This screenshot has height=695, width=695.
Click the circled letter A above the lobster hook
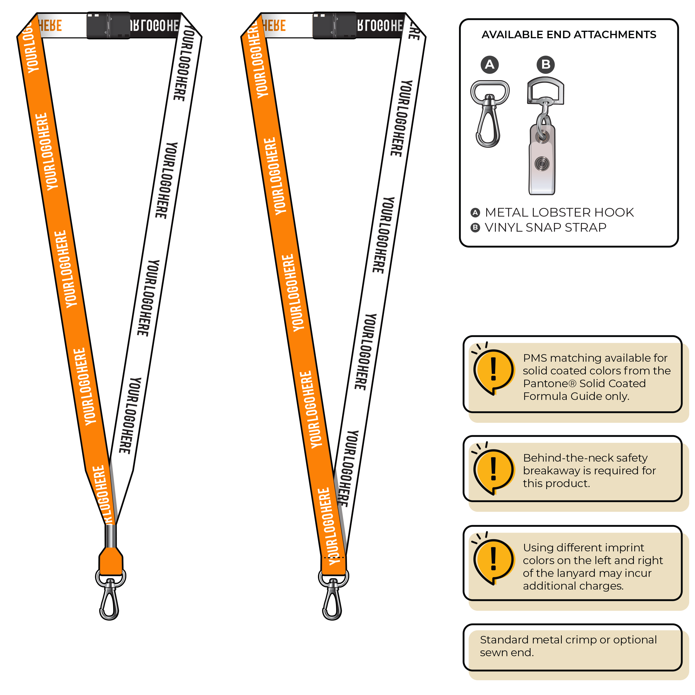click(x=490, y=65)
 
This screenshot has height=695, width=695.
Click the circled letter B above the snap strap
click(x=545, y=65)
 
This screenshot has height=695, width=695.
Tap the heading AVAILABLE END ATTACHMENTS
click(x=569, y=34)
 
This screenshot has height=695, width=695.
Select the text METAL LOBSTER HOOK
click(x=559, y=213)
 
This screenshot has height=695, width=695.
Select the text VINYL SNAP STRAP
click(x=545, y=228)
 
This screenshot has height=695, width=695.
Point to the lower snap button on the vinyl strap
click(x=542, y=164)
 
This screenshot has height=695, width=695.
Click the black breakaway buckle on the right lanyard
click(x=334, y=25)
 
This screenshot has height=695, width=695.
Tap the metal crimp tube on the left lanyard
click(x=110, y=536)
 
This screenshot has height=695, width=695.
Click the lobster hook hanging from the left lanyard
click(x=110, y=599)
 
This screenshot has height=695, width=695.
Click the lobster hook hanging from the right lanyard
click(x=333, y=599)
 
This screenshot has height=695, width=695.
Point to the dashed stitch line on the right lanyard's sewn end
click(x=334, y=557)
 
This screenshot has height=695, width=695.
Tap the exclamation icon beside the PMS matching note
click(x=493, y=371)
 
